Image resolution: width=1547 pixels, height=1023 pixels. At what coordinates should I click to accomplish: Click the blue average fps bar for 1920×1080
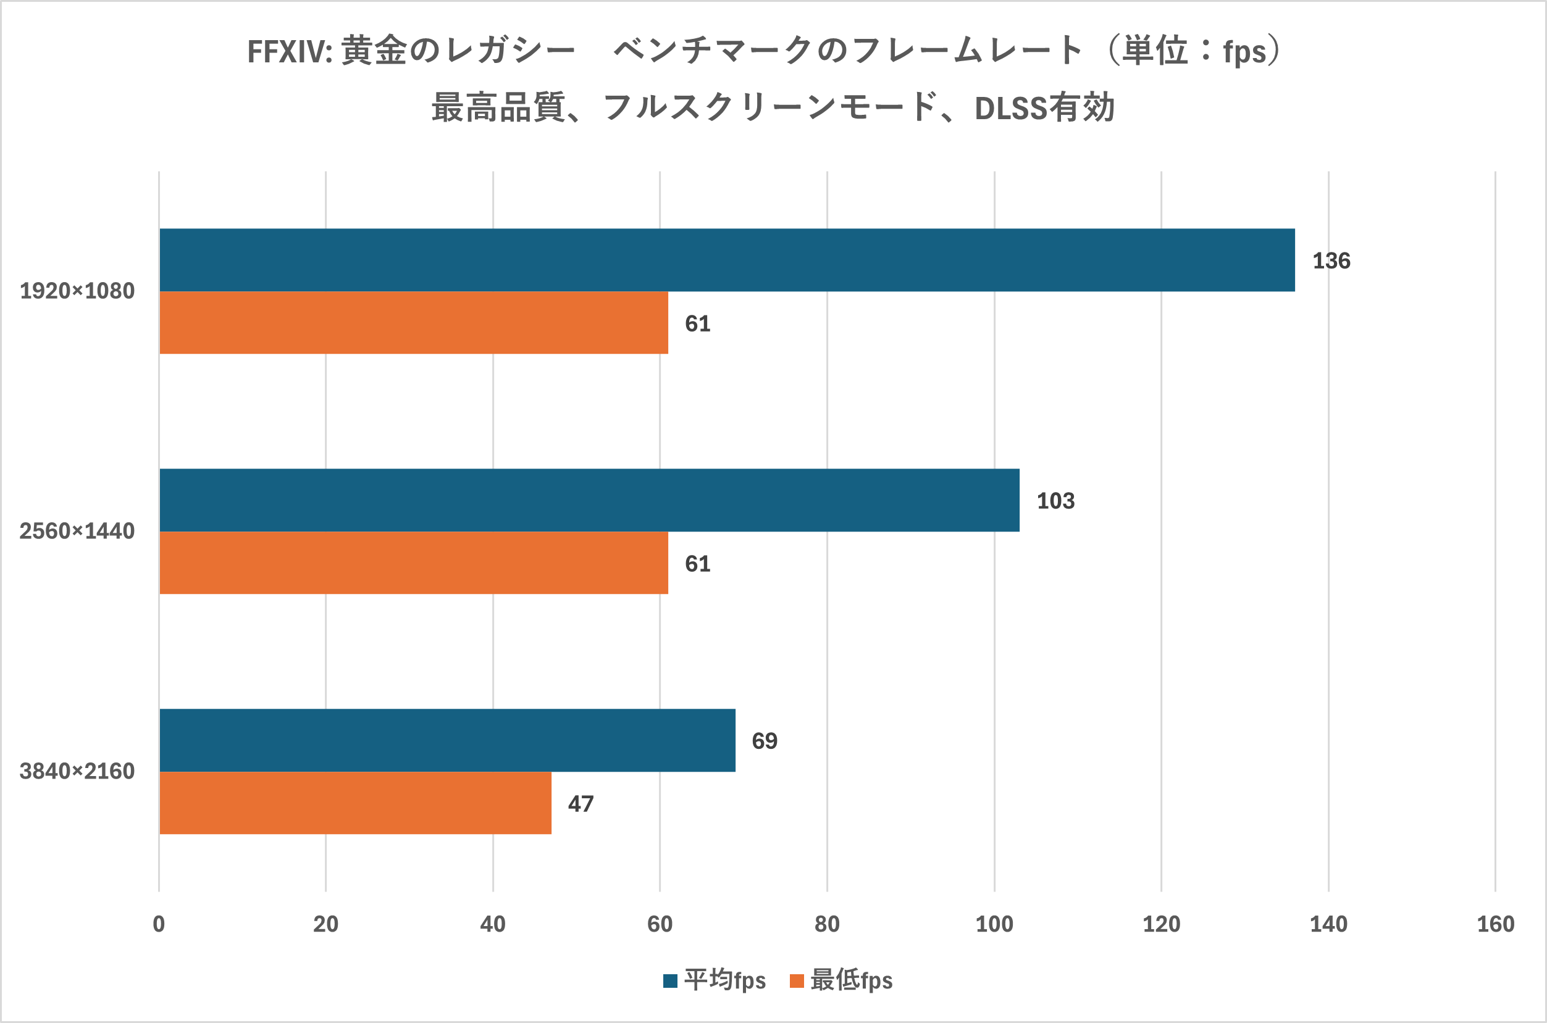click(726, 260)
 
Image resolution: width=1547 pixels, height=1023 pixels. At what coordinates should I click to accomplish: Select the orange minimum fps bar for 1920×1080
click(414, 322)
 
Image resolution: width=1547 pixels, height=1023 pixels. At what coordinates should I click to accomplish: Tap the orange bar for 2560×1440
click(414, 562)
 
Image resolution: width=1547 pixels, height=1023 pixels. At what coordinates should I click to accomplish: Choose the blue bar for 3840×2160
click(447, 740)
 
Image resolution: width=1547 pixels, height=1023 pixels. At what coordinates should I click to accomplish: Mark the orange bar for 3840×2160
click(355, 803)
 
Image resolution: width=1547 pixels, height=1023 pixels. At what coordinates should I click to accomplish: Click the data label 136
click(1331, 261)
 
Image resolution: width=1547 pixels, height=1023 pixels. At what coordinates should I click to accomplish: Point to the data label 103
click(1055, 501)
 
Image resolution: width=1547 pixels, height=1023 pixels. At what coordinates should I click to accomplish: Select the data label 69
click(764, 741)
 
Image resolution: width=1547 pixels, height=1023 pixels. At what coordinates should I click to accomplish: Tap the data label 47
click(580, 804)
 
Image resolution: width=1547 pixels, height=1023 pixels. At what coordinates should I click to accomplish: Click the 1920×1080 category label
click(77, 291)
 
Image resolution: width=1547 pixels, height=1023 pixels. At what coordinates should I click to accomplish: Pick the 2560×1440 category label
click(77, 531)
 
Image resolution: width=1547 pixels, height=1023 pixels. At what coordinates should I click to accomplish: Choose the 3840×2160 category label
click(77, 771)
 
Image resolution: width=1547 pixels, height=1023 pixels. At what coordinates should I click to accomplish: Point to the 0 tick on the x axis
click(159, 924)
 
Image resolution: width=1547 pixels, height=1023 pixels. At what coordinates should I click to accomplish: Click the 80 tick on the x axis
click(827, 924)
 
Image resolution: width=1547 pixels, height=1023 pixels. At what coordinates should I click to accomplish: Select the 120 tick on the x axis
click(1162, 924)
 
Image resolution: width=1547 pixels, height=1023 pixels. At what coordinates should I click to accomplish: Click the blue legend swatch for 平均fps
click(670, 980)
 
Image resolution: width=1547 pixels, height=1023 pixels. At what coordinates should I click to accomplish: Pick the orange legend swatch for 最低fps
click(796, 980)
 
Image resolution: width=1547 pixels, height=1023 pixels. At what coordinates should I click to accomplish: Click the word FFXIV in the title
click(289, 51)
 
